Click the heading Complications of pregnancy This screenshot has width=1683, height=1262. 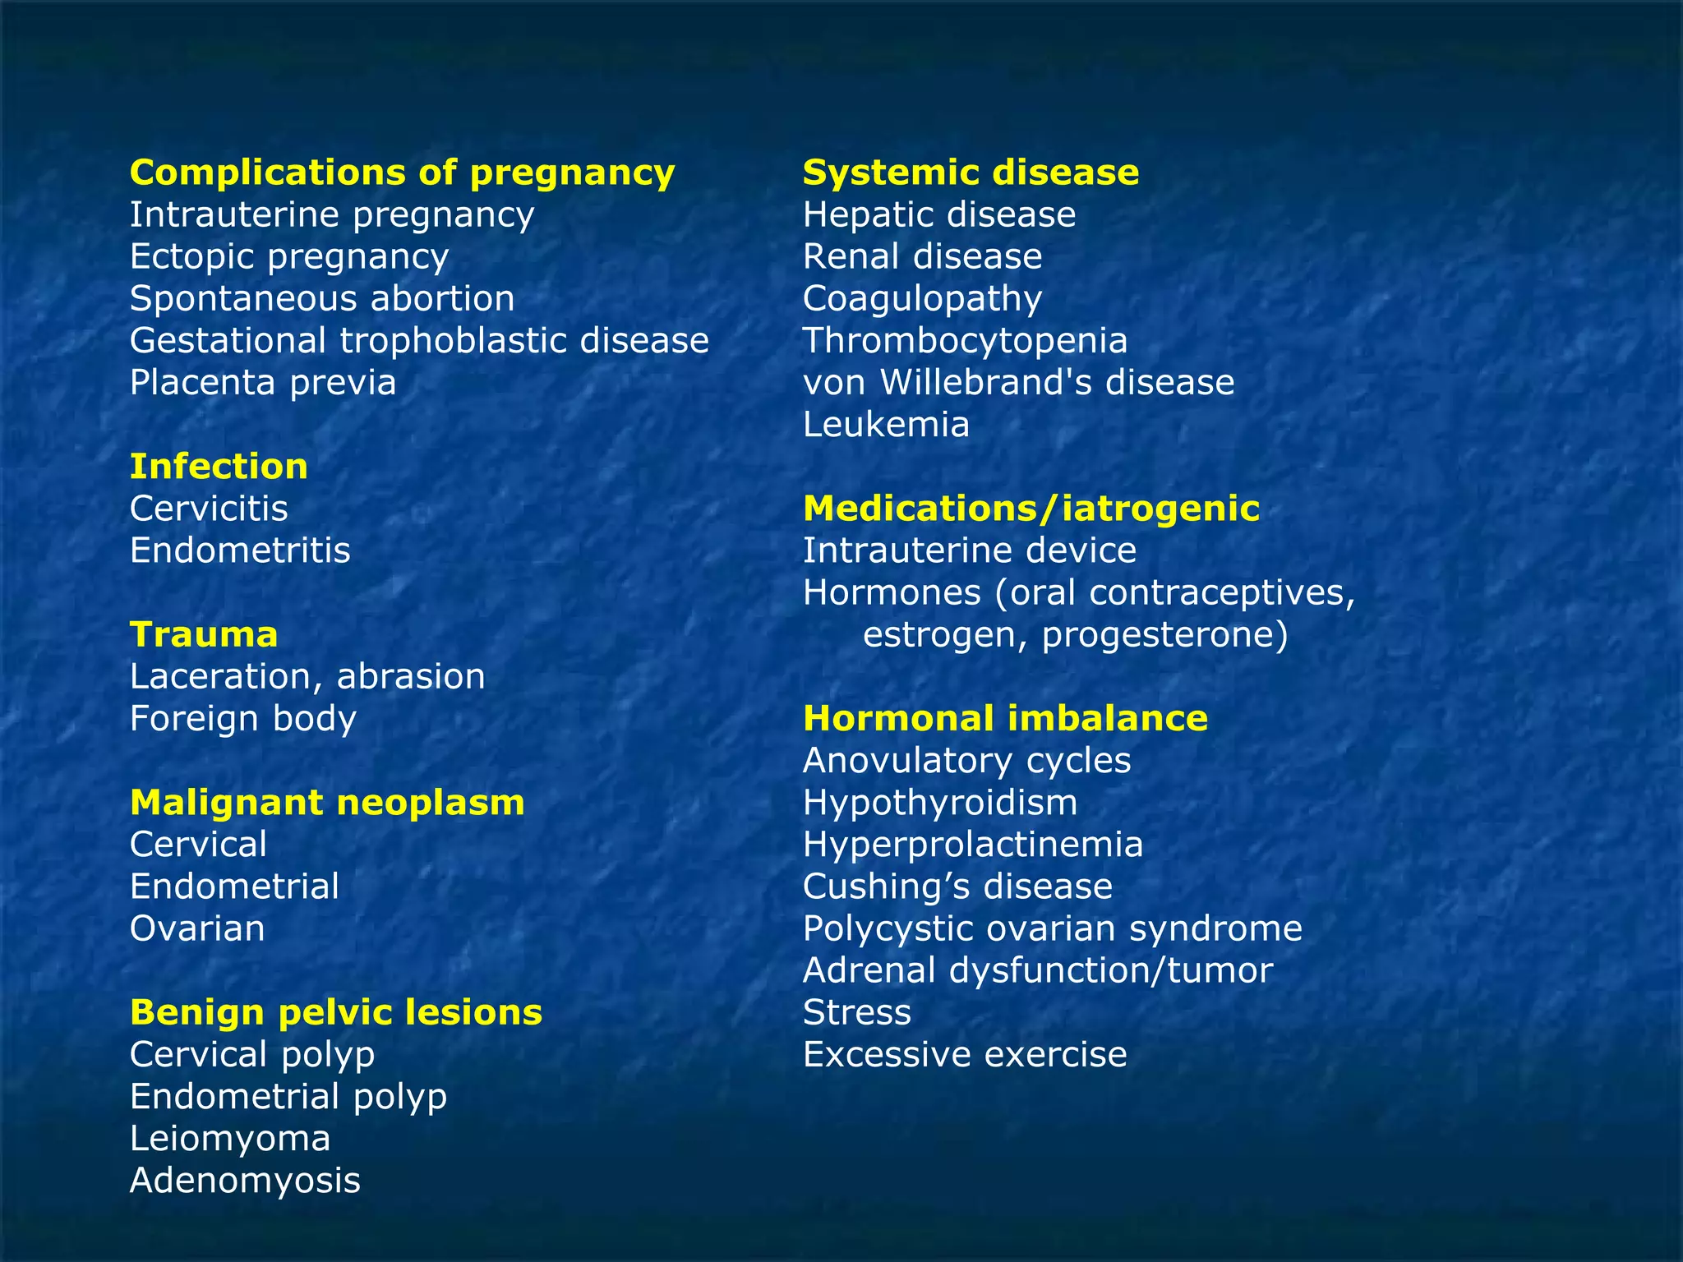[402, 173]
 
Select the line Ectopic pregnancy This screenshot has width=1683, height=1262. [289, 257]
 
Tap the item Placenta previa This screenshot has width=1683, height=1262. [263, 383]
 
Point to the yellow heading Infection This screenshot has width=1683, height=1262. [219, 467]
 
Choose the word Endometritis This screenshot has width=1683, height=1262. [240, 550]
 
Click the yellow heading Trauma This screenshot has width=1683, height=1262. [204, 635]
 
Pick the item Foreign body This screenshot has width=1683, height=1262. [243, 719]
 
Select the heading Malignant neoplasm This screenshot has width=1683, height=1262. [327, 803]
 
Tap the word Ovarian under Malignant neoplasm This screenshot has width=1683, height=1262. [197, 929]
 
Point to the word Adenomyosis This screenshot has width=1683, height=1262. [245, 1181]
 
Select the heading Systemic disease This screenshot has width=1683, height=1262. [971, 173]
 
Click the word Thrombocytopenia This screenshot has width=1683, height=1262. [965, 341]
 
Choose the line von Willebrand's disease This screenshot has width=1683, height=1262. [1018, 383]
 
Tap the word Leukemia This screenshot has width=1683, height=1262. [886, 425]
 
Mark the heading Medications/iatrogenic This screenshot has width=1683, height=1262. [1031, 509]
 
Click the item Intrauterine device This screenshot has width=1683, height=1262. [970, 550]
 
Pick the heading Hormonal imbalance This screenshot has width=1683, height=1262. [1005, 719]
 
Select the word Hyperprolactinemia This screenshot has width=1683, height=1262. [973, 845]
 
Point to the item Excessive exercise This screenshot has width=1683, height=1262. [965, 1055]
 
